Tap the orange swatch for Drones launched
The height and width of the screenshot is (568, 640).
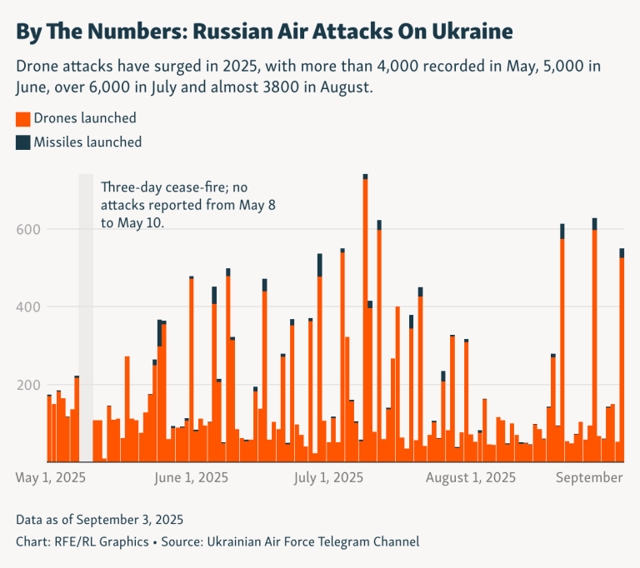pos(23,118)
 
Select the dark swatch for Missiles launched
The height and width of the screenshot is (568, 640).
pos(23,142)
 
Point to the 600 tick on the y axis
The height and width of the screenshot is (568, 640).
pos(32,229)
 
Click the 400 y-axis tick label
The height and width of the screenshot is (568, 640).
pos(32,307)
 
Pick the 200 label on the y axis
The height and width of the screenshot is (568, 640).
pos(32,385)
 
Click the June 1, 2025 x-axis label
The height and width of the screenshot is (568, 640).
pos(192,478)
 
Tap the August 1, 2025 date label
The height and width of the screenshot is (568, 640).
pos(470,478)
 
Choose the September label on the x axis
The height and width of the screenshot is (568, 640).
pos(589,478)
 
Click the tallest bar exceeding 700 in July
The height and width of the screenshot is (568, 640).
pos(365,316)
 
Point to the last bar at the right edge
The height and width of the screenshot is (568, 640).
pos(622,358)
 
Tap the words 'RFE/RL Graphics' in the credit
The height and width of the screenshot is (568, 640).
pos(100,541)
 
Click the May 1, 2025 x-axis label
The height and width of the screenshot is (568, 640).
pos(51,478)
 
